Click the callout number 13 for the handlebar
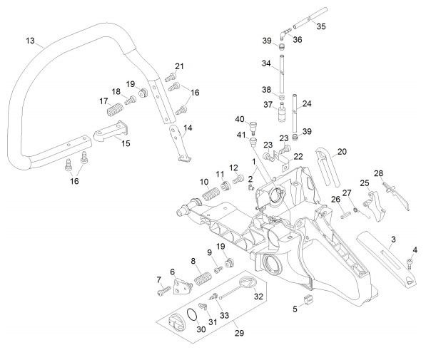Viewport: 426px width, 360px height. pyautogui.click(x=30, y=41)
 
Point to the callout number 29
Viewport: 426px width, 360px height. pyautogui.click(x=239, y=333)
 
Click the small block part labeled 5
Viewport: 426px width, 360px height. pyautogui.click(x=308, y=299)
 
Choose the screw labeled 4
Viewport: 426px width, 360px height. pyautogui.click(x=410, y=263)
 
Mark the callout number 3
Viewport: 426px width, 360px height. pyautogui.click(x=393, y=240)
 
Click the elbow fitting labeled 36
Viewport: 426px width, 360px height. pyautogui.click(x=284, y=34)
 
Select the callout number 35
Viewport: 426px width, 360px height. pyautogui.click(x=321, y=26)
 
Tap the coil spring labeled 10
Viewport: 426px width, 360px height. pyautogui.click(x=211, y=194)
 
